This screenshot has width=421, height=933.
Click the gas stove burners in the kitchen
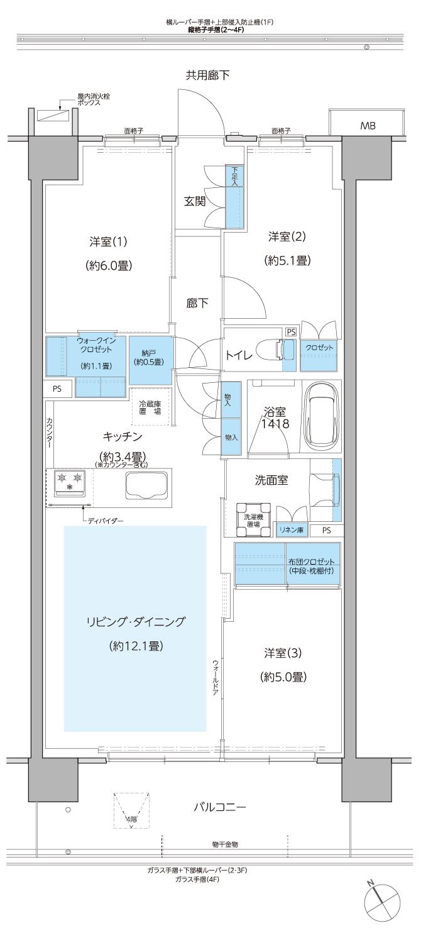click(x=70, y=480)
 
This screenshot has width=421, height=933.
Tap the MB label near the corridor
click(x=368, y=126)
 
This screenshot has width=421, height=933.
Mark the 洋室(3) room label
click(x=283, y=653)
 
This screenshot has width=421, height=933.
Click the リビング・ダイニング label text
click(x=136, y=622)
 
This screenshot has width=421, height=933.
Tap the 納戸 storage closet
click(x=150, y=360)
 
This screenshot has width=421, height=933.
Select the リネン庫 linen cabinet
click(x=292, y=531)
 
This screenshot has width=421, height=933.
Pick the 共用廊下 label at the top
click(x=207, y=75)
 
